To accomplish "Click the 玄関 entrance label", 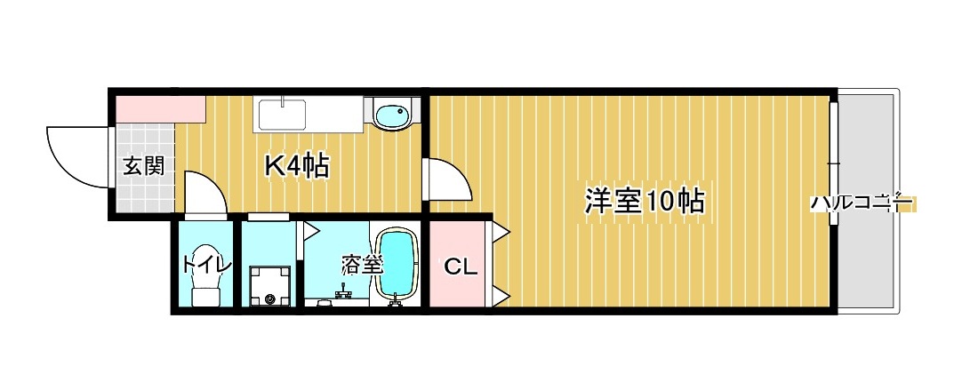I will pyautogui.click(x=143, y=166).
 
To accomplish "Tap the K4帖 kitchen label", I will pyautogui.click(x=297, y=166).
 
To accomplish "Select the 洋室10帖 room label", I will pyautogui.click(x=644, y=201).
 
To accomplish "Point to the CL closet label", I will pyautogui.click(x=461, y=265).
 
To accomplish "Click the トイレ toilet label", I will pyautogui.click(x=206, y=264).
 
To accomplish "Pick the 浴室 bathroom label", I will pyautogui.click(x=362, y=264).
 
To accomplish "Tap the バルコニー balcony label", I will pyautogui.click(x=861, y=203).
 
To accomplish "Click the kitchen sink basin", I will pyautogui.click(x=282, y=115).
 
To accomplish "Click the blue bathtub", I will pyautogui.click(x=397, y=266).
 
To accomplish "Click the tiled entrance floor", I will pyautogui.click(x=143, y=191).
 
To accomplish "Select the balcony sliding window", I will pyautogui.click(x=834, y=165).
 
